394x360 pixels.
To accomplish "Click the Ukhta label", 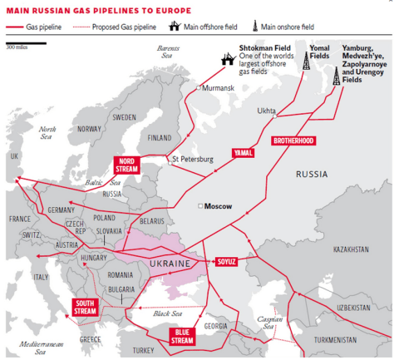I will [267, 110].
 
